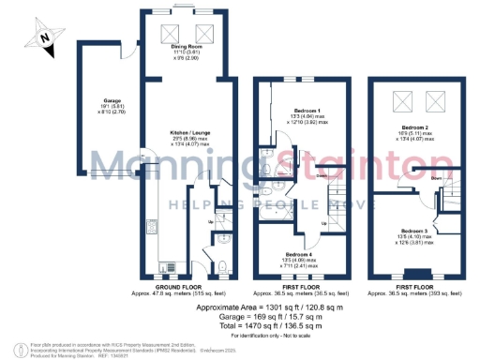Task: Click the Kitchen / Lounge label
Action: (x=187, y=136)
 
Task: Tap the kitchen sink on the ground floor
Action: (x=148, y=229)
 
